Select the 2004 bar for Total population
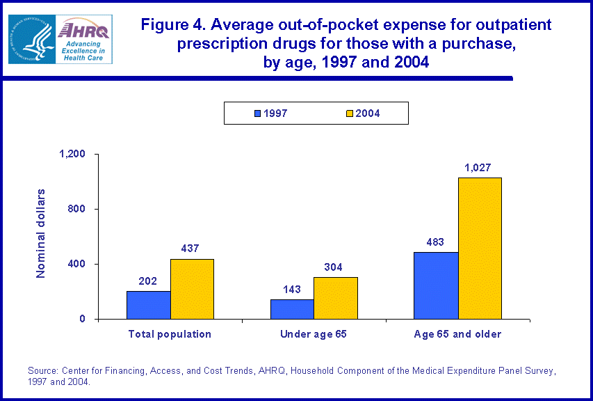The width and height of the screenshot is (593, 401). (192, 289)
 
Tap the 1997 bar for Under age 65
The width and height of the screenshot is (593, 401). (291, 309)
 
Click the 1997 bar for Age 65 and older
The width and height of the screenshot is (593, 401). (436, 285)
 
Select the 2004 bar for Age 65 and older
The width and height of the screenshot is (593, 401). (480, 248)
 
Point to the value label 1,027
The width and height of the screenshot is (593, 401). (479, 168)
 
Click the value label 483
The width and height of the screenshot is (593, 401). (435, 242)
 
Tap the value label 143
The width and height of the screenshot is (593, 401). (291, 290)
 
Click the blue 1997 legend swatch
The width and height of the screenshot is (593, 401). (257, 113)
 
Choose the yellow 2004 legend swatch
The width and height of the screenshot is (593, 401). (350, 113)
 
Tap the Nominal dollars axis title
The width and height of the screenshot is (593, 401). (41, 233)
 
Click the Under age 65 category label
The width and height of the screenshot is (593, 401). (313, 334)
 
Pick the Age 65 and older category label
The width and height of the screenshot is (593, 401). (457, 334)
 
